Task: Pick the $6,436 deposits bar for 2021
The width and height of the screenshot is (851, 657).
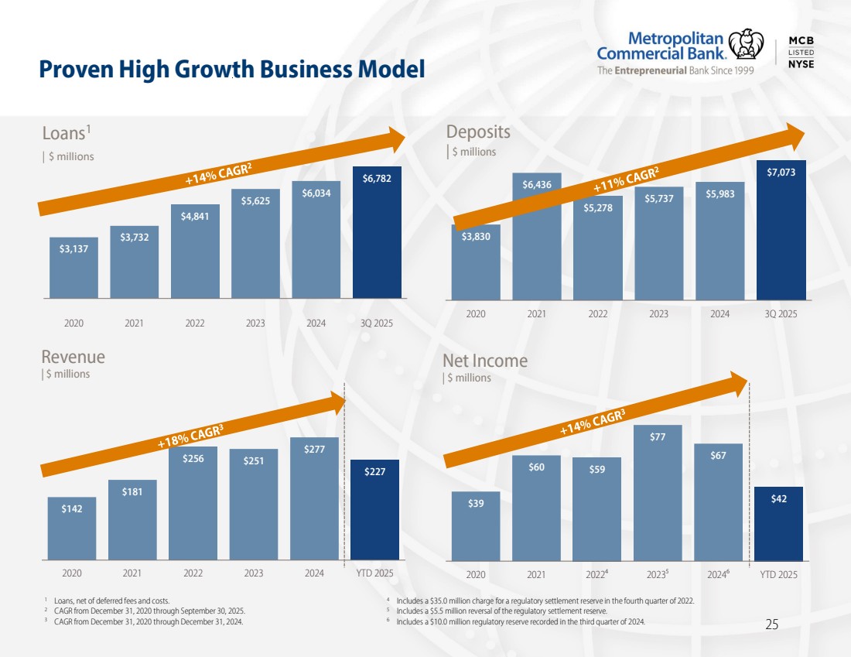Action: click(x=536, y=236)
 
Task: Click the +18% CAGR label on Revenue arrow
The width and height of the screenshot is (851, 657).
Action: click(x=190, y=436)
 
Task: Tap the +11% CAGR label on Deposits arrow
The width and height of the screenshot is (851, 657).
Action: click(x=626, y=180)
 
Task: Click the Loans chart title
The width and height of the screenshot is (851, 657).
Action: click(x=60, y=133)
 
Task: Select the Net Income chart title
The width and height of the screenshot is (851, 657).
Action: click(x=485, y=361)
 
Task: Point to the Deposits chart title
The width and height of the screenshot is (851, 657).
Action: click(x=478, y=132)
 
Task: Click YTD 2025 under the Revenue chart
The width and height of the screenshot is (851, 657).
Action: click(x=374, y=573)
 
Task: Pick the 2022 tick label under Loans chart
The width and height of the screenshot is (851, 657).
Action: click(x=194, y=323)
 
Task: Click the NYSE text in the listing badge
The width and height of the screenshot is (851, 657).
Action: click(x=801, y=64)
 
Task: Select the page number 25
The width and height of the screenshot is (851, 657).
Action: click(x=771, y=624)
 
